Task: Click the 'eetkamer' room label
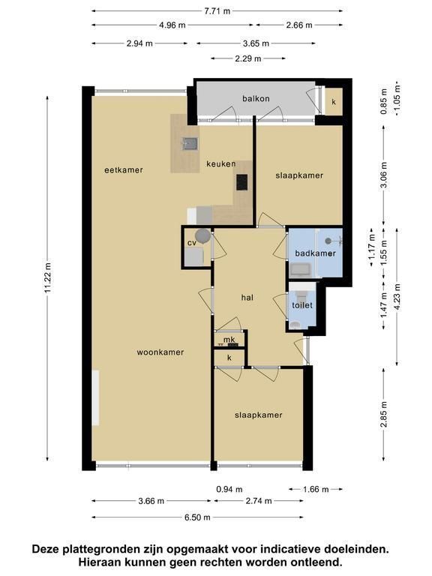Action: click(124, 170)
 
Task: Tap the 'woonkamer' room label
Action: click(160, 352)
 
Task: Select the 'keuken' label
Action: click(220, 163)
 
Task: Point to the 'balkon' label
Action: click(256, 98)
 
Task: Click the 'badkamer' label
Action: click(316, 253)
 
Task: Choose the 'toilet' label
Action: click(302, 305)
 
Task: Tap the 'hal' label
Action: click(247, 298)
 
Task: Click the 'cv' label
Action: click(192, 243)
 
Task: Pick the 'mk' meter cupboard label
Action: click(229, 340)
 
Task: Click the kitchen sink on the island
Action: click(190, 144)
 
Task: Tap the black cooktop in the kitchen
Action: click(241, 182)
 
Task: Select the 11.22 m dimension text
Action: click(48, 278)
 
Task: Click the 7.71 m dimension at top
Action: click(217, 11)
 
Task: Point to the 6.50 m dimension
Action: click(198, 517)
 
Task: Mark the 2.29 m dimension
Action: click(248, 58)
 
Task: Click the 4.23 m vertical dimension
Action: click(397, 297)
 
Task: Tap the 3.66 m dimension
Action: click(151, 501)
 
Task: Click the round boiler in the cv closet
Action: click(202, 235)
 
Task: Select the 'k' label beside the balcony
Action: click(334, 102)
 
